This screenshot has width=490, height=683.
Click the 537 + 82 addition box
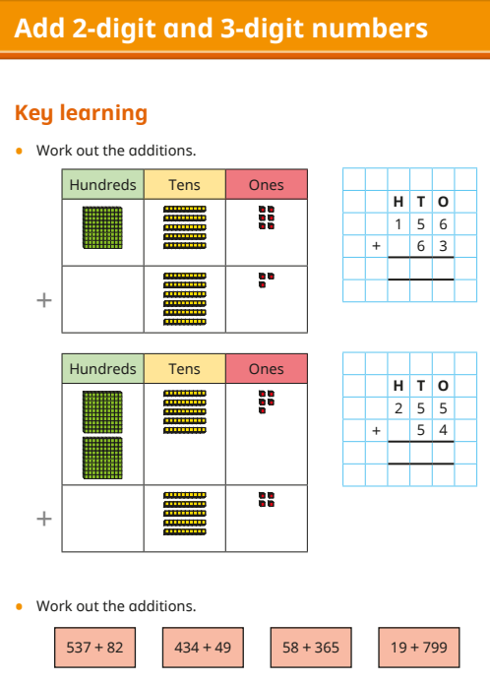point(95,648)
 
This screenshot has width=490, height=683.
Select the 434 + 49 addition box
point(203,648)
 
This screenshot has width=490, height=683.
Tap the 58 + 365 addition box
point(311,648)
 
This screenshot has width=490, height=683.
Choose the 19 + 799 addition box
point(419,648)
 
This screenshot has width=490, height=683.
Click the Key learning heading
point(81,113)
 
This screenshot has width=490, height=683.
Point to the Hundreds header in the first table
point(102,185)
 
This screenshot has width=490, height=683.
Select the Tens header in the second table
point(185,369)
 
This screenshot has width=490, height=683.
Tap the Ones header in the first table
point(267,185)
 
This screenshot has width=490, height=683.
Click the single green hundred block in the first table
point(102,227)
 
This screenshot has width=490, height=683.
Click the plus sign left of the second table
point(44,519)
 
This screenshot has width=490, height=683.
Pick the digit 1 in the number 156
point(398,224)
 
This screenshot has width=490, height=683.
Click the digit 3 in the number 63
point(443,246)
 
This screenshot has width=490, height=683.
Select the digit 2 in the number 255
point(398,408)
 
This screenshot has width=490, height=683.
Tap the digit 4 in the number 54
point(443,430)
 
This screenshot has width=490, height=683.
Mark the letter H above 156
point(398,202)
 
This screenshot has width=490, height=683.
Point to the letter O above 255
point(443,386)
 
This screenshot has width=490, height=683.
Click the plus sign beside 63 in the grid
point(376,246)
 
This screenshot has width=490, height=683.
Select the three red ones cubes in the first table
point(266,280)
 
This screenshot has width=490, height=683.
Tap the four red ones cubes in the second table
point(266,500)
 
